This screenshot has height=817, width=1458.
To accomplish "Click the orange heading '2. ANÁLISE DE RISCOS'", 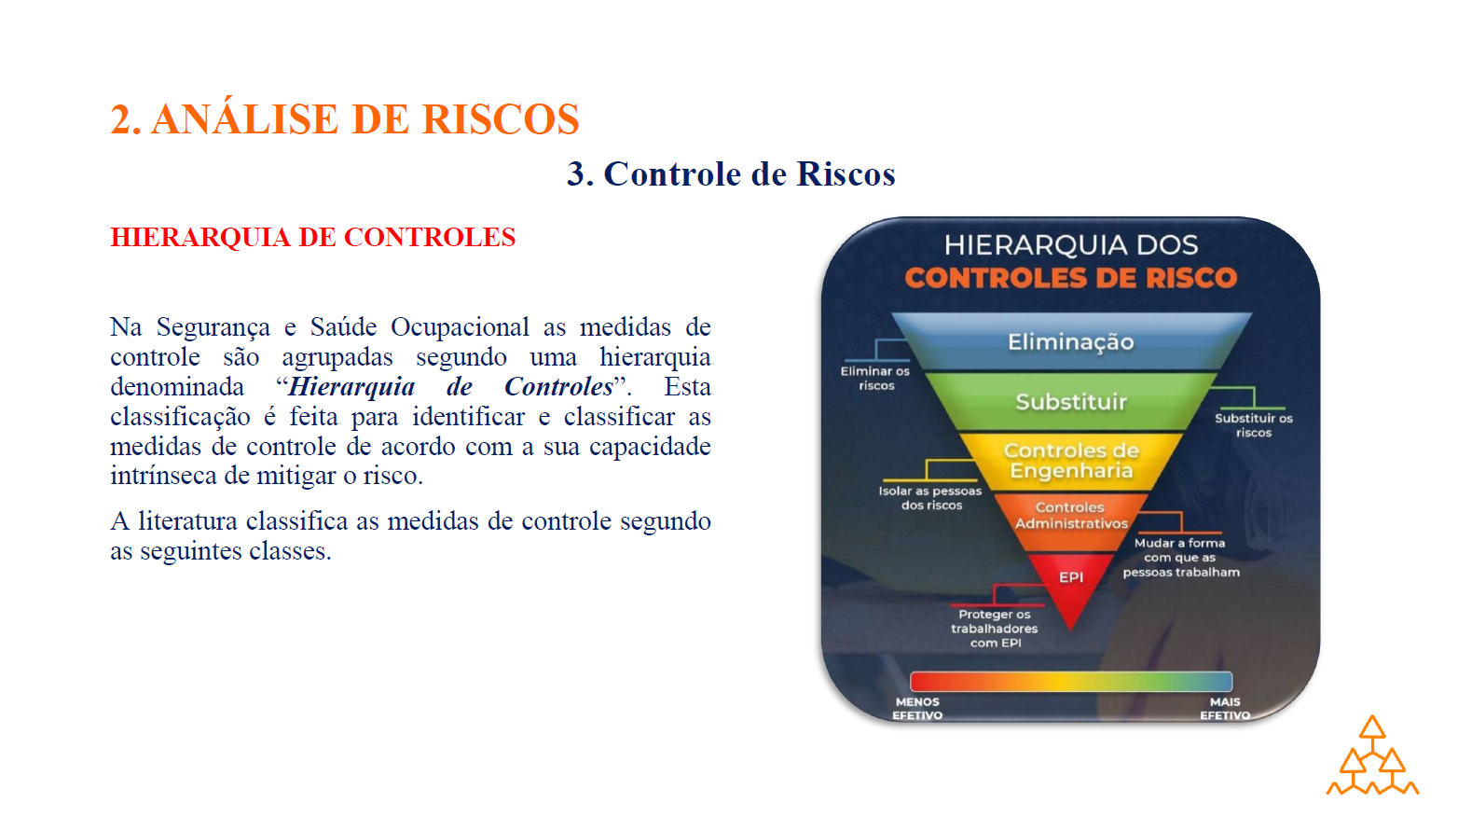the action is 344,118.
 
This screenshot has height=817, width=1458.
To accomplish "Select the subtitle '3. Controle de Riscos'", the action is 731,173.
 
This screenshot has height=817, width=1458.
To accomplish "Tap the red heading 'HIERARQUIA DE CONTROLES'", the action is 312,237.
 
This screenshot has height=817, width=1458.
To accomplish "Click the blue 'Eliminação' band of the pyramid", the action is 1071,341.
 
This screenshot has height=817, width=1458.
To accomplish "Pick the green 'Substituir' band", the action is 1071,402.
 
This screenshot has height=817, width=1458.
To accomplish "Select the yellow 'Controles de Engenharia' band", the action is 1071,461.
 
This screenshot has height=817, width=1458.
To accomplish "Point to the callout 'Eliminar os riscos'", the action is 875,379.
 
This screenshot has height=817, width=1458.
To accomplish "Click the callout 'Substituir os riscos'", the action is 1254,425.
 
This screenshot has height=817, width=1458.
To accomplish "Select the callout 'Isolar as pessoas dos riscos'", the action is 930,498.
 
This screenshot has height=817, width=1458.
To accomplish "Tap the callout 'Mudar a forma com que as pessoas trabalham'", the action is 1181,557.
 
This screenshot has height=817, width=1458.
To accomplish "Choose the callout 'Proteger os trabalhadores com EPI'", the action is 995,629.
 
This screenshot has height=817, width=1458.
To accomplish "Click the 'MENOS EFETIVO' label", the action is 917,708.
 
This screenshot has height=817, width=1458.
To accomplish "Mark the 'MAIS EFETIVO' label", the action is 1225,708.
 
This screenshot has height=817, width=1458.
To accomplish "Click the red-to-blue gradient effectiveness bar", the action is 1071,682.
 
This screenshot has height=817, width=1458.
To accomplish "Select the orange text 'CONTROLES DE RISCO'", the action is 1071,278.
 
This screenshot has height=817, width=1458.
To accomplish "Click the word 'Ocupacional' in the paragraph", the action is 460,327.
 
